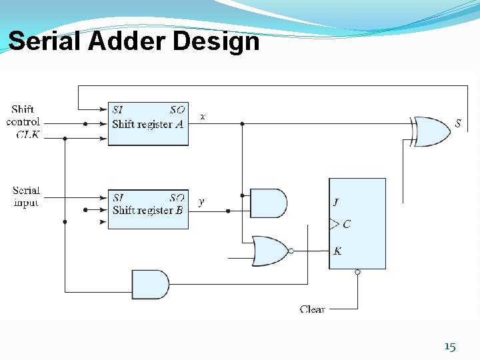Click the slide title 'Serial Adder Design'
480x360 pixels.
pos(133,41)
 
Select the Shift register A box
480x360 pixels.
pos(148,123)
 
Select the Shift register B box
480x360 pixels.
pos(148,209)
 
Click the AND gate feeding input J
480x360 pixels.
pos(267,203)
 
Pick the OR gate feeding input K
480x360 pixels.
pos(269,251)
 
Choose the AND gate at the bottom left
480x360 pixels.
pos(150,285)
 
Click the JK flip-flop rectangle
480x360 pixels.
pos(357,223)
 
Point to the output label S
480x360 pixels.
pos(458,123)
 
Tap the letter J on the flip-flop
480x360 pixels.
pos(336,203)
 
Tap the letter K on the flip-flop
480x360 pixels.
pos(337,251)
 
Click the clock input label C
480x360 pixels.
pos(346,225)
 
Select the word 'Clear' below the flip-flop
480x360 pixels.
pos(312,309)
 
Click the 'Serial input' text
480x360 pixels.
pos(26,197)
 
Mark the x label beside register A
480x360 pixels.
pos(203,116)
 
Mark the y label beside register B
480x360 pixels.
pos(202,201)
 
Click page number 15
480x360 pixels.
pos(450,347)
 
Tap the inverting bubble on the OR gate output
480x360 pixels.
pos(291,251)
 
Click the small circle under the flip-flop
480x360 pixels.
pos(357,272)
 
